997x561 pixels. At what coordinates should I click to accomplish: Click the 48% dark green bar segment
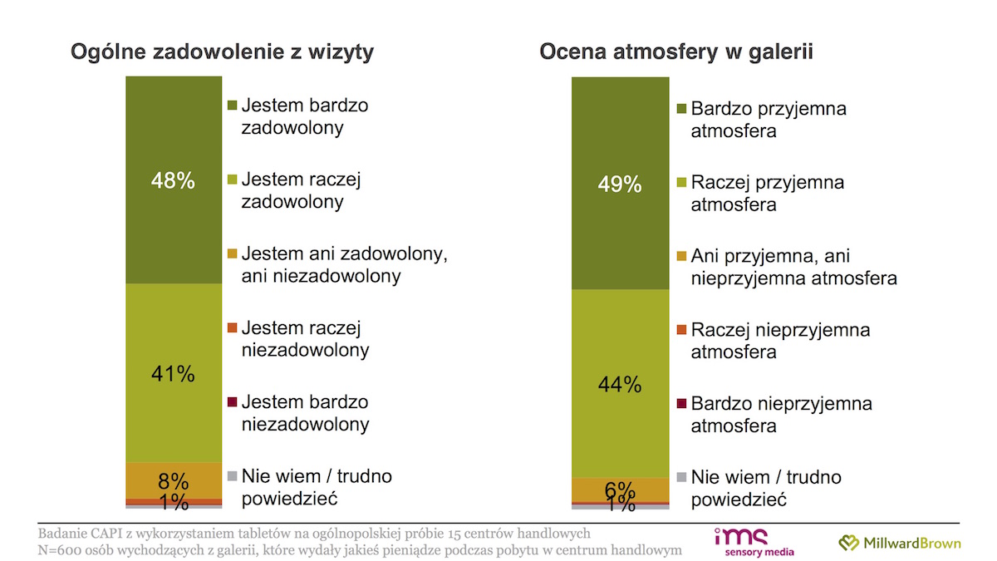coord(174,180)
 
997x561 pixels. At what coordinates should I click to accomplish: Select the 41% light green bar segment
coord(174,373)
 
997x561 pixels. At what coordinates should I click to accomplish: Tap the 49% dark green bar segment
coord(620,184)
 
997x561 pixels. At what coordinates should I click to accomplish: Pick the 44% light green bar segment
coord(620,384)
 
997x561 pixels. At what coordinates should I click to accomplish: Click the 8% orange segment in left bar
coord(174,480)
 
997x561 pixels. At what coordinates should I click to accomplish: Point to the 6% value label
coord(620,490)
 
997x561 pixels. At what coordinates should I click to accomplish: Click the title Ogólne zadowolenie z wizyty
coord(222,52)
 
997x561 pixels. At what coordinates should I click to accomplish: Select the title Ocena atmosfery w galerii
coord(676,52)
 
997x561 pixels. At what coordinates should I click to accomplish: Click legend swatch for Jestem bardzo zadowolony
coord(232,106)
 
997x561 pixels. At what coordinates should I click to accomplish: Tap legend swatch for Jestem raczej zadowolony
coord(232,180)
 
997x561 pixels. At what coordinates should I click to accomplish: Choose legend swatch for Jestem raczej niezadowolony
coord(232,328)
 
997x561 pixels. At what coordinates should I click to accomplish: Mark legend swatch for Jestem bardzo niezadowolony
coord(232,402)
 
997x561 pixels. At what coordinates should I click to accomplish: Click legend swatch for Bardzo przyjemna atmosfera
coord(681,109)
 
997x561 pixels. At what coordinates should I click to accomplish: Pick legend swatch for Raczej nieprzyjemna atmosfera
coord(681,330)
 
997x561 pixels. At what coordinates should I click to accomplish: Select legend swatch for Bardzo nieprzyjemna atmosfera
coord(681,404)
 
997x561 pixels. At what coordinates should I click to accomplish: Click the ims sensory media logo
coord(754,542)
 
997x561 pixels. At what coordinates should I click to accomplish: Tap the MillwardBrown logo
coord(899,543)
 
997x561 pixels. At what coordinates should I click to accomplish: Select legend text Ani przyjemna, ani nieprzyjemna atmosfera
coord(793,267)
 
